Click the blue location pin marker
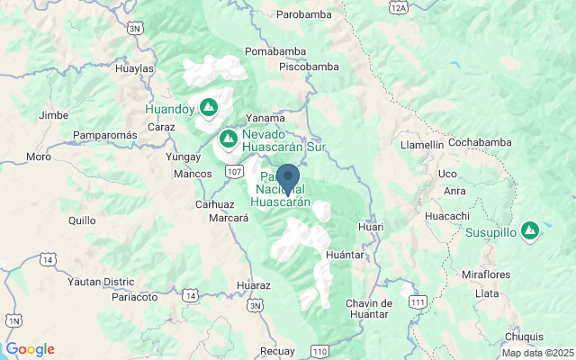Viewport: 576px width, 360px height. [288, 177]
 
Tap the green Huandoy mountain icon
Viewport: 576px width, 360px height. [209, 107]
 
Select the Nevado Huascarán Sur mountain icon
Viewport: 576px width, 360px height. [229, 139]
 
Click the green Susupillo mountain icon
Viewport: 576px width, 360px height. [530, 230]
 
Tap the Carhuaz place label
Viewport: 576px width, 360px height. [214, 204]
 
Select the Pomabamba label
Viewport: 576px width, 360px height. [274, 51]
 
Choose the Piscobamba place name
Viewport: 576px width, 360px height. [308, 67]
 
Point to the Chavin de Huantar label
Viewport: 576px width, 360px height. [368, 308]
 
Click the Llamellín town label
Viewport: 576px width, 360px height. [423, 144]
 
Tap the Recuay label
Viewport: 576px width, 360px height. [275, 350]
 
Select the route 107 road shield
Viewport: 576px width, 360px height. [235, 171]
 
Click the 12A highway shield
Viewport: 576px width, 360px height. [399, 6]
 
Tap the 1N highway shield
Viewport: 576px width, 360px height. [13, 320]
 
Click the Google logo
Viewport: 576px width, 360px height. [30, 349]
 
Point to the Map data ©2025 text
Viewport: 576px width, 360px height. [536, 353]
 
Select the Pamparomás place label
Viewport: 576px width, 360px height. [104, 134]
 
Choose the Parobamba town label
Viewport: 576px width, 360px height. [280, 15]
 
